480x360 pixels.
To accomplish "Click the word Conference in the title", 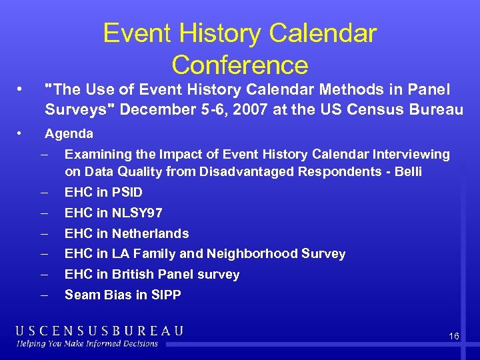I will pos(239,65).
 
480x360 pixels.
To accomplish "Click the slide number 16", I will pos(453,337).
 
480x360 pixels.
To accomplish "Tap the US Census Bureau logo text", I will pos(100,331).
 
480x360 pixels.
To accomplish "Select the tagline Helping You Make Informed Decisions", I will pos(87,344).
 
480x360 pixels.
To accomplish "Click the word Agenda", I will pos(69,133).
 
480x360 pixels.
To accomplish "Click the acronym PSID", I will pos(127,192).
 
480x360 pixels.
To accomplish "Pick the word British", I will pos(135,274).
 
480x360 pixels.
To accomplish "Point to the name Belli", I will pos(406,171).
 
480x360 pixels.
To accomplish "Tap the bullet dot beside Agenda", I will pos(21,133).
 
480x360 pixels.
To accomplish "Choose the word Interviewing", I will pos(408,154).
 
